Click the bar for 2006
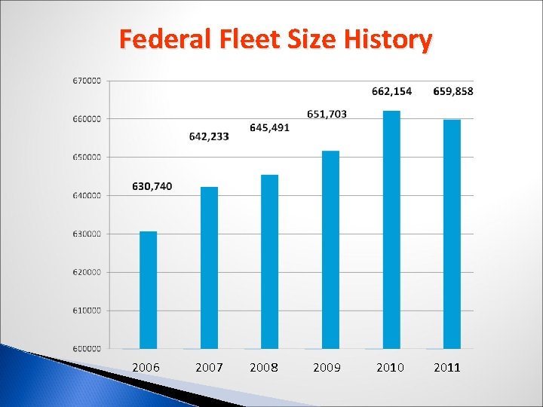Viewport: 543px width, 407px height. [149, 289]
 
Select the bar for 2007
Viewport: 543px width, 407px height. [209, 268]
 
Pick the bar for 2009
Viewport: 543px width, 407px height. [330, 249]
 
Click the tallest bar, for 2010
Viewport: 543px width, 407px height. [391, 229]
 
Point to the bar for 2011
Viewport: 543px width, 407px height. [452, 234]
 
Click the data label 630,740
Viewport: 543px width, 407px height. [152, 186]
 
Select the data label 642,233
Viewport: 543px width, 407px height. [209, 136]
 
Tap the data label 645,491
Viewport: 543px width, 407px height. [269, 127]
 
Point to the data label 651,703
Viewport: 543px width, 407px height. [327, 114]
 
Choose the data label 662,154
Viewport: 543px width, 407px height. [391, 91]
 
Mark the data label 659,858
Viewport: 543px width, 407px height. [453, 91]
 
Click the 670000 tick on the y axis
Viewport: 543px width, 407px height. [87, 81]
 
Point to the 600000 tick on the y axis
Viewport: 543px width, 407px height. [87, 348]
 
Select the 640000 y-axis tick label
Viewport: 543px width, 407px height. [87, 195]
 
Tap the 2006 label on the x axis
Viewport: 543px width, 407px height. [146, 368]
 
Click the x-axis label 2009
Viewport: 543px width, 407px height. [327, 368]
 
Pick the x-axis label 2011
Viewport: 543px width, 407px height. [446, 368]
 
